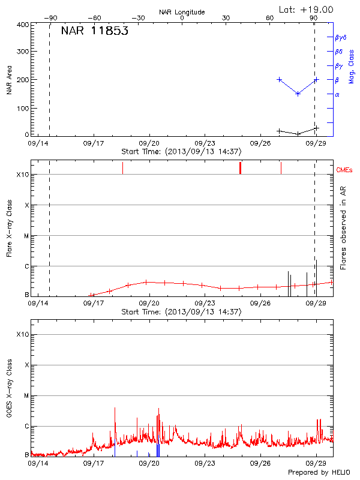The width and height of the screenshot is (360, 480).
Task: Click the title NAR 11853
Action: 94,32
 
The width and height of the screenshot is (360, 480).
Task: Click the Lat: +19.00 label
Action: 307,9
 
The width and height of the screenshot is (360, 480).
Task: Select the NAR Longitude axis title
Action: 182,12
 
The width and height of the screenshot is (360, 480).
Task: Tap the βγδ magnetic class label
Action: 341,37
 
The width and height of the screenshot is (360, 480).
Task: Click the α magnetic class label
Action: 337,94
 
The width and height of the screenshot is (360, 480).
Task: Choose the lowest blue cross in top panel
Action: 298,94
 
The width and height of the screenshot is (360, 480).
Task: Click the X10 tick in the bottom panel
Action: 23,334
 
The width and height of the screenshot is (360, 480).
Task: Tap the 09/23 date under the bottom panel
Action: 205,464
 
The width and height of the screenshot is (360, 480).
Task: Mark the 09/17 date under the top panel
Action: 94,144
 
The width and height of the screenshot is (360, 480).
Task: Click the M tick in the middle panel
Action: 26,236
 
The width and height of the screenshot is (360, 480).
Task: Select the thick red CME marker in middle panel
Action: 240,168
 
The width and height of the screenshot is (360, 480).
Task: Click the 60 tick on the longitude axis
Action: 271,18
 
